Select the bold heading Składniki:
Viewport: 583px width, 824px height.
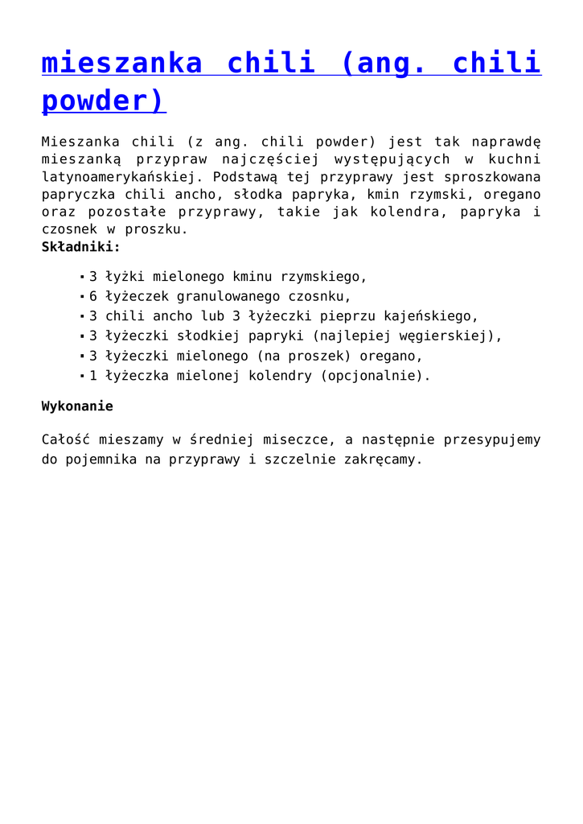(x=81, y=247)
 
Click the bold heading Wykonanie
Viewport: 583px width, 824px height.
(x=77, y=406)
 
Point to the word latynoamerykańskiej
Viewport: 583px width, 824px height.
(x=121, y=177)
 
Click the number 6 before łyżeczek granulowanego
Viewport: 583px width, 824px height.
(x=93, y=296)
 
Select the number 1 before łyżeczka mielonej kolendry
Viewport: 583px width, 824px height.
(x=93, y=376)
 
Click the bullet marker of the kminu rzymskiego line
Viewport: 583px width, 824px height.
(x=82, y=277)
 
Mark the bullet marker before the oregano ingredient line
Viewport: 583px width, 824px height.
(x=82, y=356)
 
